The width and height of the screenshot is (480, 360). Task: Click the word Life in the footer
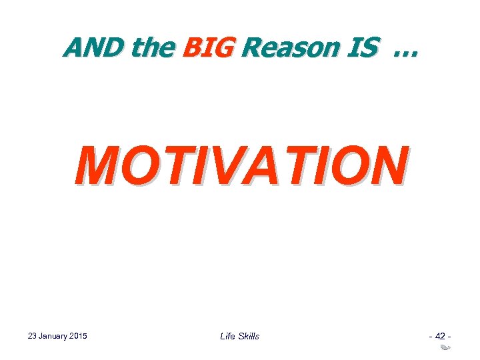tap(228, 336)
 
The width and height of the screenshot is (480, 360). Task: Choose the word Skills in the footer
tap(249, 336)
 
